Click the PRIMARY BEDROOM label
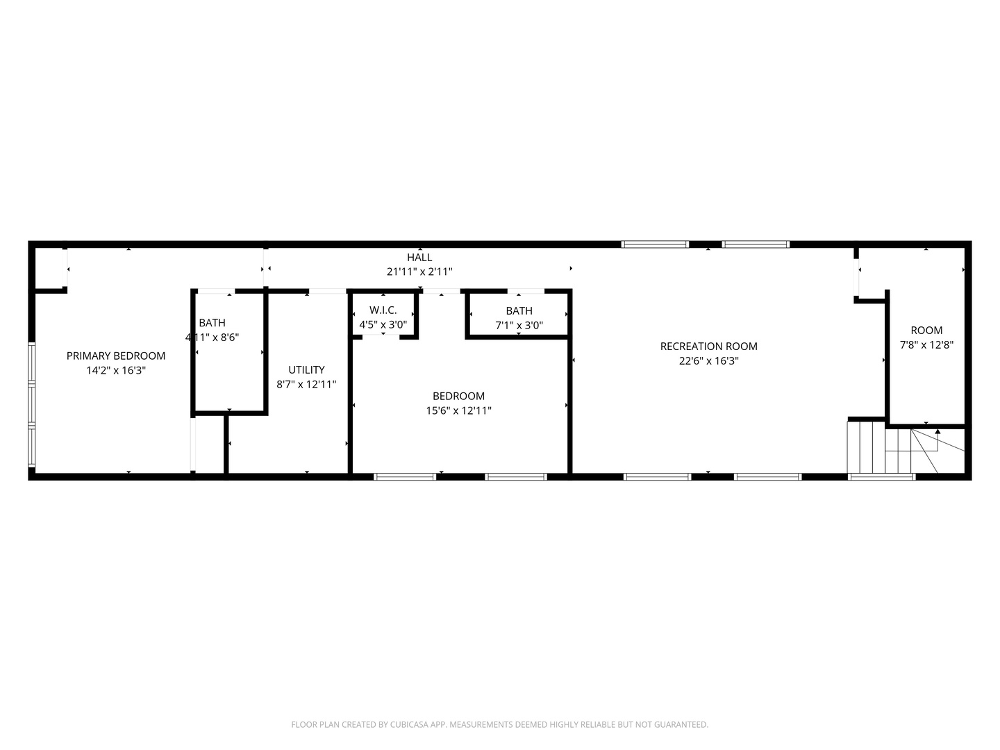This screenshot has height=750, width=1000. click(x=116, y=356)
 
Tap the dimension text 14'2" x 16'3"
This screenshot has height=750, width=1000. click(x=116, y=371)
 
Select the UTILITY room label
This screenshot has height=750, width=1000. click(x=306, y=369)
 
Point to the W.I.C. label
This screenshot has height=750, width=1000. click(x=383, y=310)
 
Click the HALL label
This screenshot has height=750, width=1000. click(x=419, y=257)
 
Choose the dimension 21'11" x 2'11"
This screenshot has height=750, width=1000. click(x=419, y=272)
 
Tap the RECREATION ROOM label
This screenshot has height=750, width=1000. click(x=708, y=346)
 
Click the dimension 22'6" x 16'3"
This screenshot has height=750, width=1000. click(x=708, y=361)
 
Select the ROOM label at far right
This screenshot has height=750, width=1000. click(x=926, y=330)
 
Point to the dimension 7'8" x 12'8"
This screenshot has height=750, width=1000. click(x=926, y=344)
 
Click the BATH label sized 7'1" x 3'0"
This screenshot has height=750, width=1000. click(x=519, y=310)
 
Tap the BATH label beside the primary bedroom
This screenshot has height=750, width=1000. click(x=212, y=322)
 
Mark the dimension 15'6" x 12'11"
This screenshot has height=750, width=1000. click(x=458, y=410)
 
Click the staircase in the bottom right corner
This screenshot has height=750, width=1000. click(x=896, y=450)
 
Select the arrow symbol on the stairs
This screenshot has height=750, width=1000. click(x=937, y=433)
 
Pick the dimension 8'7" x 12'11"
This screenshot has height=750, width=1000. click(x=306, y=384)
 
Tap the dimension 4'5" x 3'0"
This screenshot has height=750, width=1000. click(x=383, y=325)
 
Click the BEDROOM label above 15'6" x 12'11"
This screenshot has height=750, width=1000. click(x=458, y=396)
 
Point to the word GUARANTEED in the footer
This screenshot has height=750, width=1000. click(x=680, y=724)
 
